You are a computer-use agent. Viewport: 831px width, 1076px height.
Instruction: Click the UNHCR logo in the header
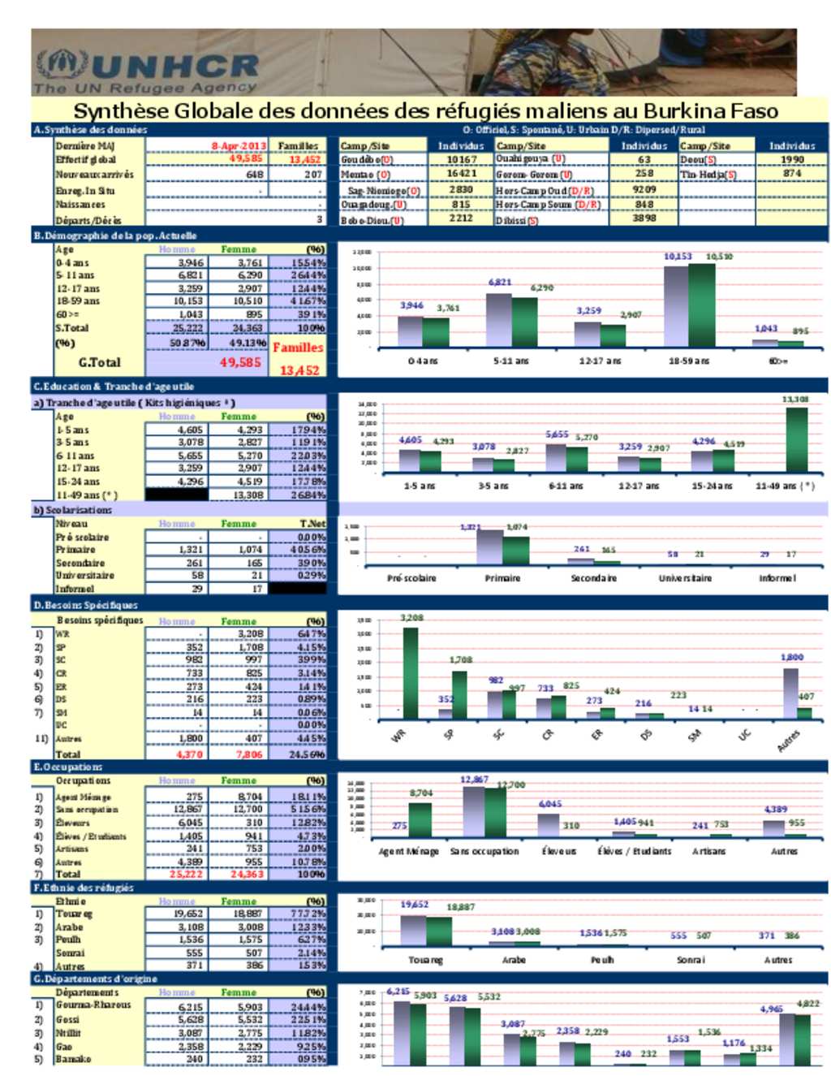[x=147, y=71]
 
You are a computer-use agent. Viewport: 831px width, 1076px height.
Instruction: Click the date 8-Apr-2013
[x=238, y=146]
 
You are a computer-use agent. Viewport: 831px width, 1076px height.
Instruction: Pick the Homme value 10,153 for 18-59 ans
[x=189, y=301]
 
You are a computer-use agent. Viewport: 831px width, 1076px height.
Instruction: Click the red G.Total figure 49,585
[x=240, y=362]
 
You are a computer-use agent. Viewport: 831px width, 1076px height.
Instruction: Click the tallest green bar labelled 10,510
[x=702, y=305]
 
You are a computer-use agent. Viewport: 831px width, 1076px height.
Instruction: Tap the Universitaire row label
[x=84, y=576]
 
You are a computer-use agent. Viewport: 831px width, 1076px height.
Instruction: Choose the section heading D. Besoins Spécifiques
[x=85, y=605]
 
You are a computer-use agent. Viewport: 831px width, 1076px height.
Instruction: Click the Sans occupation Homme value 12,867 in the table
[x=188, y=809]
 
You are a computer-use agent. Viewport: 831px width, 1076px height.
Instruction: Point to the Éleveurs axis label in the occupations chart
[x=559, y=851]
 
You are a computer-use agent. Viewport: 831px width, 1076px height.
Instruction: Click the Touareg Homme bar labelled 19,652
[x=413, y=929]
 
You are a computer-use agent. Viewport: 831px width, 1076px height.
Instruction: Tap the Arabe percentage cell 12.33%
[x=309, y=927]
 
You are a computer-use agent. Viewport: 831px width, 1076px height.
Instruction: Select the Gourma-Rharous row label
[x=93, y=1005]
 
